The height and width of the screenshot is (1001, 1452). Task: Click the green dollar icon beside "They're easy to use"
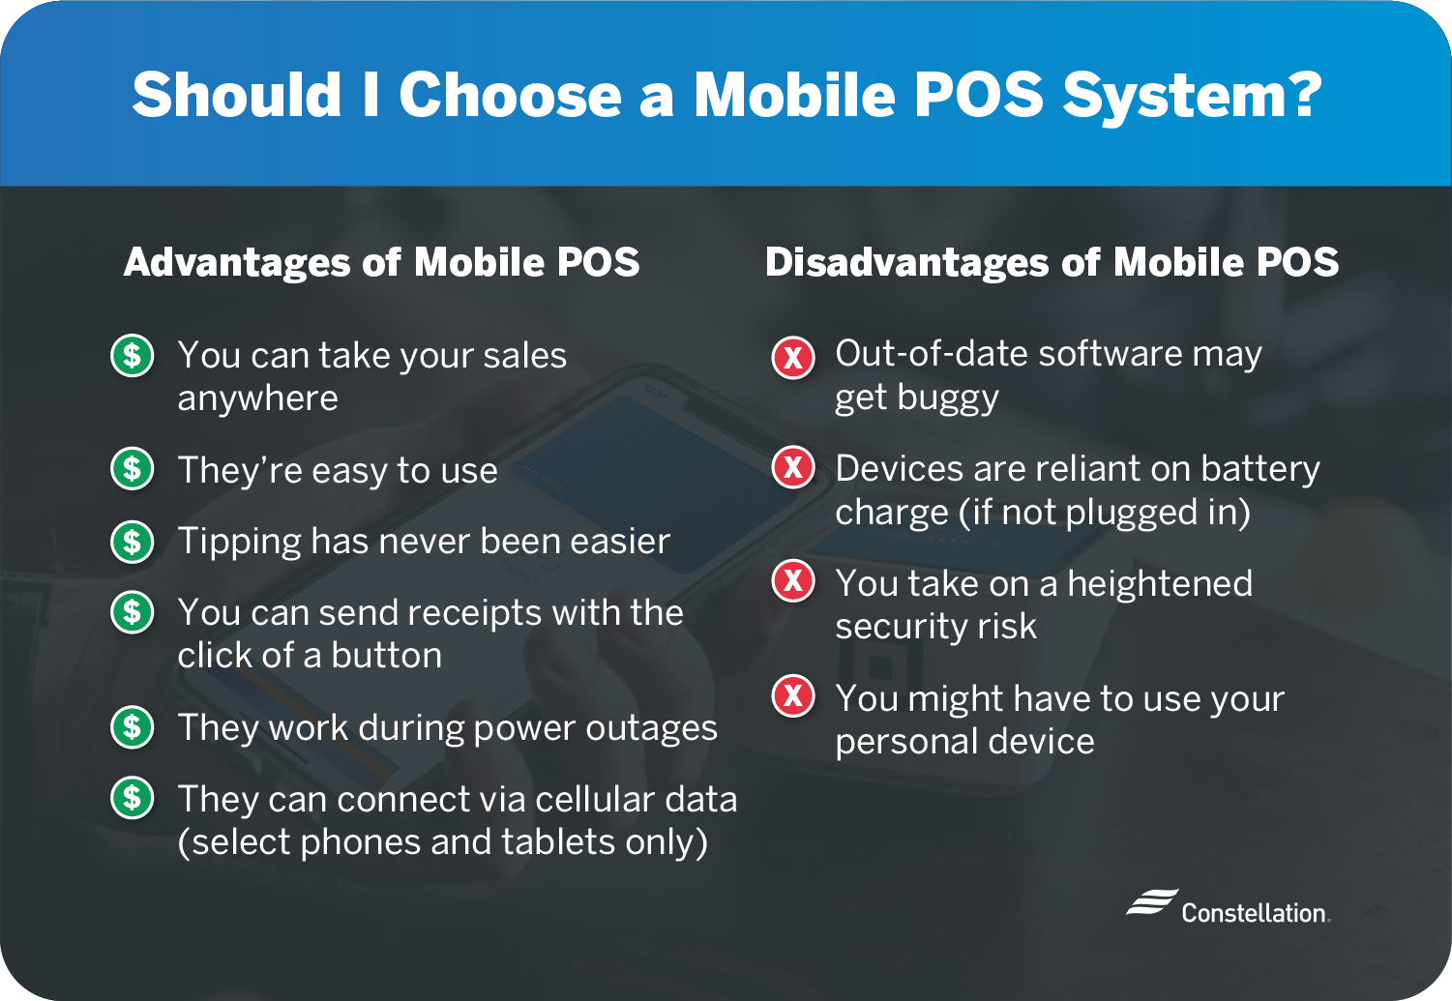coord(133,468)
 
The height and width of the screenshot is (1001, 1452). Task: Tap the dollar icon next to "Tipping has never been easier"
coord(133,541)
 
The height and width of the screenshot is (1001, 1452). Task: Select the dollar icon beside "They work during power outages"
coord(133,727)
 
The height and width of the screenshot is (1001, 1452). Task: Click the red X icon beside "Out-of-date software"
coord(793,357)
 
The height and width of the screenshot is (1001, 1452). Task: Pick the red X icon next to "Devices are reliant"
coord(793,467)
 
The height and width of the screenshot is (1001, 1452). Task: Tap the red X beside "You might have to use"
coord(793,696)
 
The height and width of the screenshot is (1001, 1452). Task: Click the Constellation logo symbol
coord(1152,902)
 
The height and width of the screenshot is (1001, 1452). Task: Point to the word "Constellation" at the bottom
coord(1254,912)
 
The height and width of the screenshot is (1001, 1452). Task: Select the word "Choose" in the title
coord(511,95)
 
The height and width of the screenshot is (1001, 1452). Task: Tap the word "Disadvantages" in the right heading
coord(906,262)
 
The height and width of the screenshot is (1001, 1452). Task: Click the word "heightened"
coord(1160,583)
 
